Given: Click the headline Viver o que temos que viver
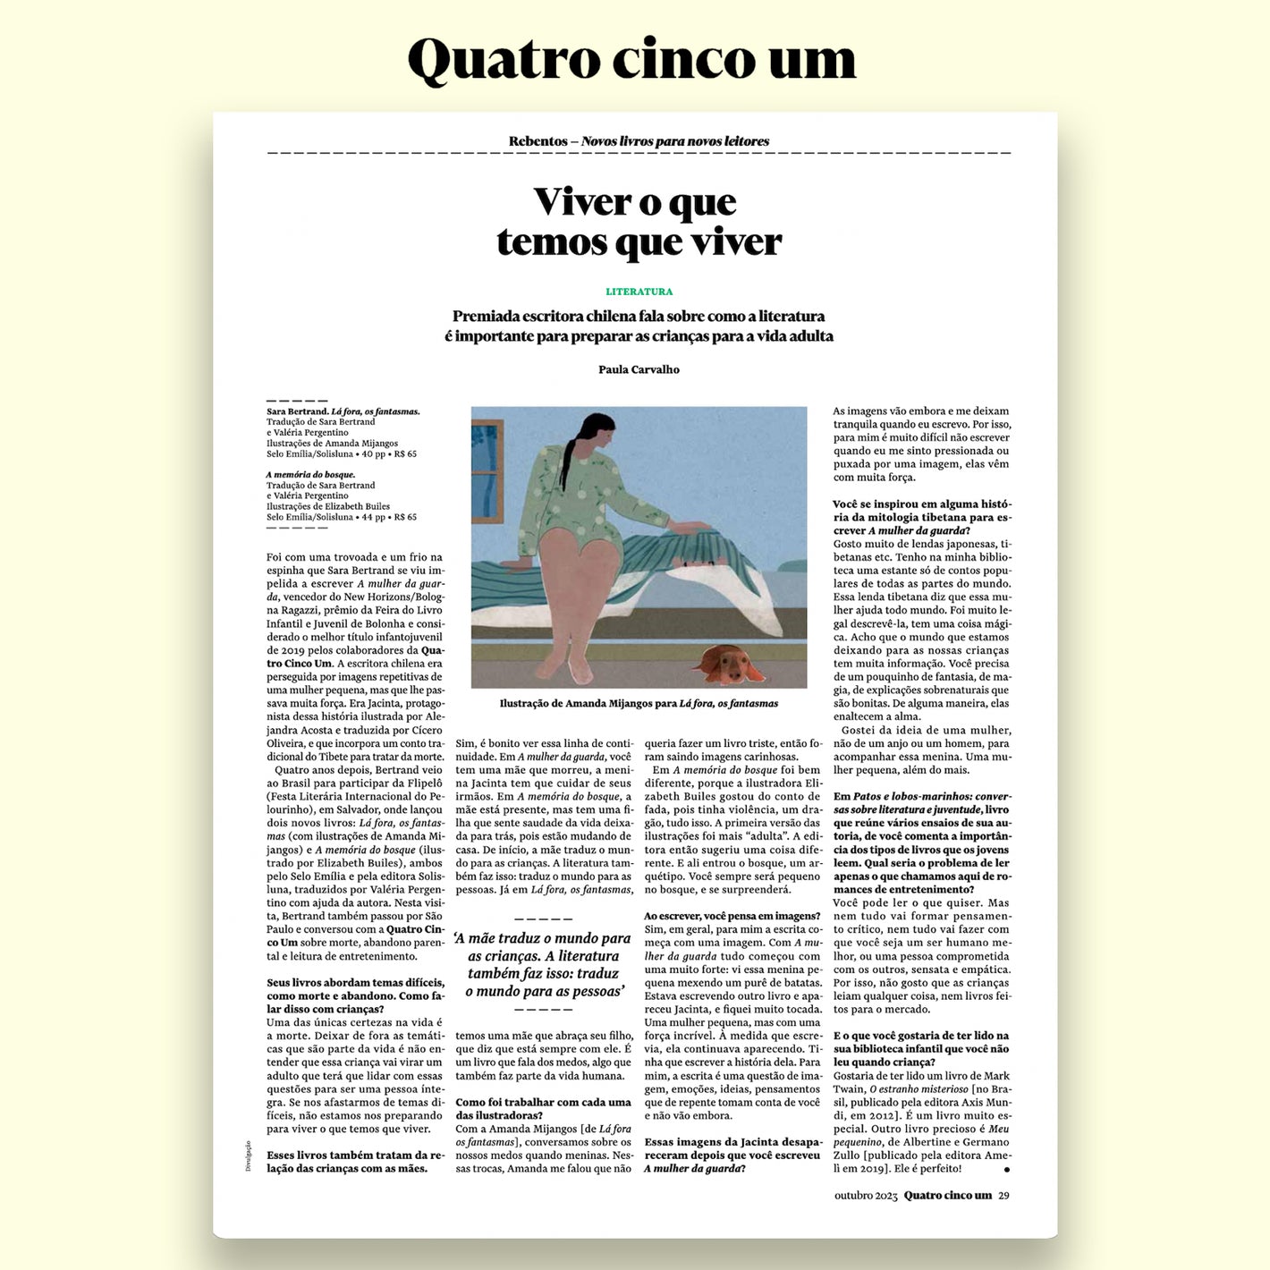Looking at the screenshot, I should pyautogui.click(x=639, y=222).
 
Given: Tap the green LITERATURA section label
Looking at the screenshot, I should pyautogui.click(x=639, y=292).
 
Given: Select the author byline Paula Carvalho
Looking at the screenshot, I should pyautogui.click(x=639, y=369).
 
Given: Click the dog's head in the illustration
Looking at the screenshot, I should pyautogui.click(x=727, y=662).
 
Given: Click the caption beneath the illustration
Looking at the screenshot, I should pyautogui.click(x=639, y=704).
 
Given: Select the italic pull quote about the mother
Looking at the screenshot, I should pyautogui.click(x=543, y=964).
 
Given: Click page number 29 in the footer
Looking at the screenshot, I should pyautogui.click(x=1003, y=1196).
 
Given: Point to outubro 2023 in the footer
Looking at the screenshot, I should pyautogui.click(x=865, y=1196).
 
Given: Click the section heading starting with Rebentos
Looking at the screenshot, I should pyautogui.click(x=639, y=141).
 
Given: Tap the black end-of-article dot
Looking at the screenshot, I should pyautogui.click(x=1007, y=1169).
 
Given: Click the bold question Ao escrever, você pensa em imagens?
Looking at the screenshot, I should pyautogui.click(x=732, y=916).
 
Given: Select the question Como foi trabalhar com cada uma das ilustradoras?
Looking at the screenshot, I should pyautogui.click(x=543, y=1108).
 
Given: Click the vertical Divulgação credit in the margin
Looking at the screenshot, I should pyautogui.click(x=249, y=1156).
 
